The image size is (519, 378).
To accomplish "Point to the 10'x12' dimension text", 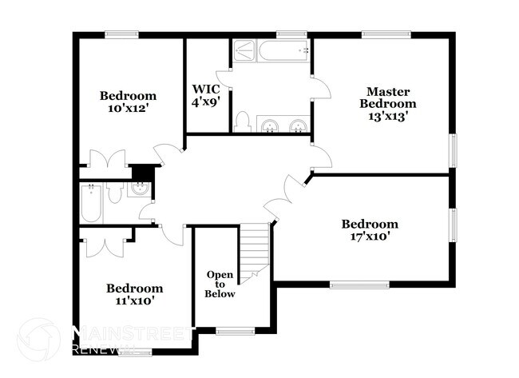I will point(128,109).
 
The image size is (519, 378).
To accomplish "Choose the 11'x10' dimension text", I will point(135,300).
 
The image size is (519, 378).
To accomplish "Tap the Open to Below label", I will point(220,284).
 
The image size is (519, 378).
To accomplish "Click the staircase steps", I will point(255,249).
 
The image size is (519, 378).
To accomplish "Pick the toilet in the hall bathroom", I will point(115,193).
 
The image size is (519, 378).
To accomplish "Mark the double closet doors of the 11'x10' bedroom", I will point(105,242).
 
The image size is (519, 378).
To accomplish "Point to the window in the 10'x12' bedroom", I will point(121,34).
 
